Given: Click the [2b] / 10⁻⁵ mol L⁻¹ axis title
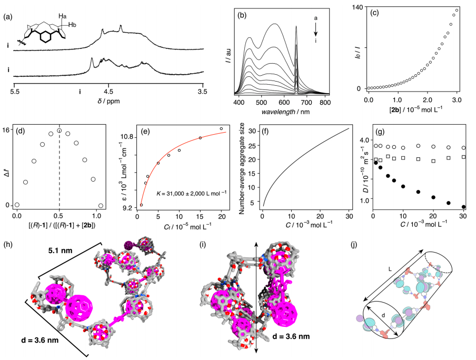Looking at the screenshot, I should (x=412, y=109).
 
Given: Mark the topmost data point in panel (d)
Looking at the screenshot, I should (x=60, y=131).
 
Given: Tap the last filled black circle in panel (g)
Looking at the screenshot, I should (x=463, y=207).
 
